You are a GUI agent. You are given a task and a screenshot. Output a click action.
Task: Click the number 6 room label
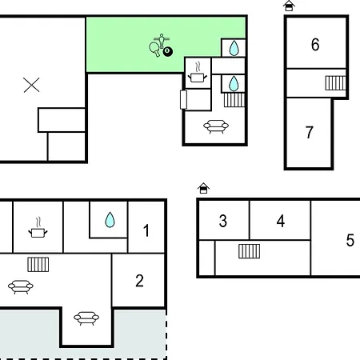click(x=315, y=45)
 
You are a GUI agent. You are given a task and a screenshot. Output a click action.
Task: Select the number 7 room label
click(x=310, y=132)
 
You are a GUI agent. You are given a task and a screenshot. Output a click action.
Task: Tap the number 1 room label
click(x=146, y=230)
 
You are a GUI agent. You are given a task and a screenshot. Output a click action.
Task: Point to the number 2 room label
click(x=139, y=281)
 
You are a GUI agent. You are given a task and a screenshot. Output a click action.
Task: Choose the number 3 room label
click(x=223, y=221)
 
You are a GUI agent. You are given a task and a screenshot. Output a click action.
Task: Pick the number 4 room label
click(x=281, y=221)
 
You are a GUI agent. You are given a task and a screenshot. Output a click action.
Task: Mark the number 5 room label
click(x=350, y=240)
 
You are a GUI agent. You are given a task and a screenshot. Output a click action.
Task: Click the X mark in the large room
click(x=31, y=85)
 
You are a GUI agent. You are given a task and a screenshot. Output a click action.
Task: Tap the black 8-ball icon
click(x=168, y=51)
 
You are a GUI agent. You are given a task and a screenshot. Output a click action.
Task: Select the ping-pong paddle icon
click(x=154, y=49)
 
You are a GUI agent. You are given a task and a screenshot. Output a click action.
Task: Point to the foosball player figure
click(x=162, y=41)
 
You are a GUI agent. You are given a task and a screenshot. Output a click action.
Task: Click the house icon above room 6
click(x=289, y=6)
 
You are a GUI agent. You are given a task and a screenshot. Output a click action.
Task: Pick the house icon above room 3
click(x=203, y=188)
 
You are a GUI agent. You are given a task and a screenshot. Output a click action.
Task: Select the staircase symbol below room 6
click(x=335, y=83)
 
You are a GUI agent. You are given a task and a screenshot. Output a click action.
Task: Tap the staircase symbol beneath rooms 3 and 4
click(x=249, y=251)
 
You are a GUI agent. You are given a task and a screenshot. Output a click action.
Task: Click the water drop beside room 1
click(x=110, y=220)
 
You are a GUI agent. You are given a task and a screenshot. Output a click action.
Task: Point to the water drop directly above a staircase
click(x=234, y=83)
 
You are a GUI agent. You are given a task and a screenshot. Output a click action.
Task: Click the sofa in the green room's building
click(x=216, y=126)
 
